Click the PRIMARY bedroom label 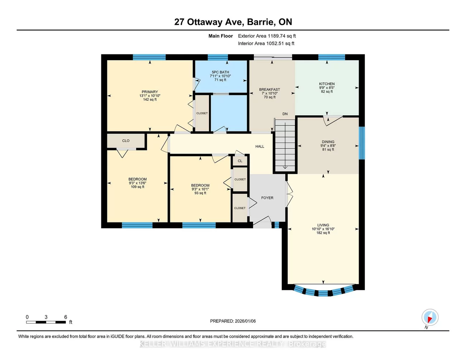pos(150,92)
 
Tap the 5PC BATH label pos(220,72)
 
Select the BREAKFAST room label pos(270,90)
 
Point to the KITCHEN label pos(327,84)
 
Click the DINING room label pos(328,142)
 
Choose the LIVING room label pos(323,225)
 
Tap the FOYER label pos(267,198)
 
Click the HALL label pos(260,147)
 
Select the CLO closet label pos(126,141)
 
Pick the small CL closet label pos(240,161)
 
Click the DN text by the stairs pos(285,114)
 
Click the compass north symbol pos(430,318)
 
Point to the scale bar pos(46,322)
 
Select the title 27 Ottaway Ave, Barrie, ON pos(233,22)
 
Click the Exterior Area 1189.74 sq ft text pos(267,36)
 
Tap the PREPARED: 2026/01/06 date pos(233,321)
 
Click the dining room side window pos(362,143)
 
